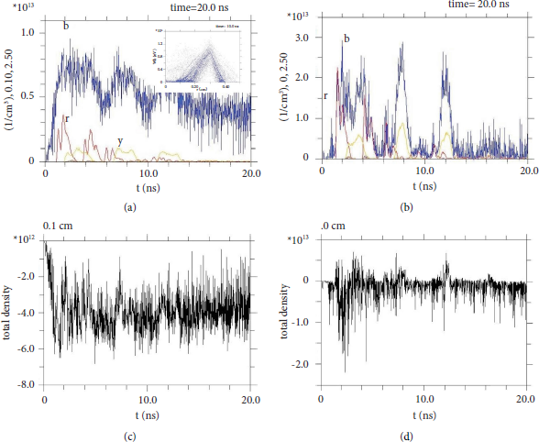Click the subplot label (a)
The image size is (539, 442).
[x=130, y=208]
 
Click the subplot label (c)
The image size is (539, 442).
[x=130, y=435]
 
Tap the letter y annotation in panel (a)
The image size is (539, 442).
[x=120, y=140]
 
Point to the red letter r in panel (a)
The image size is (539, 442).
[x=66, y=118]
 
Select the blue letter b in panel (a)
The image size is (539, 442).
[x=66, y=26]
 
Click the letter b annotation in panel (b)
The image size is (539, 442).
[x=346, y=38]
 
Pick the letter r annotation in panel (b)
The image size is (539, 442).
[x=325, y=95]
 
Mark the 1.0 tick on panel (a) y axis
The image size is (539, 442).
[x=27, y=32]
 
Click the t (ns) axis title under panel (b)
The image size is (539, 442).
[x=423, y=185]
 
